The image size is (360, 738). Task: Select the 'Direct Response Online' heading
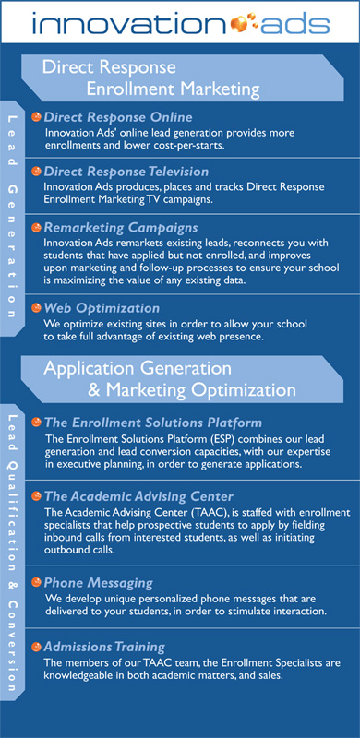(x=118, y=117)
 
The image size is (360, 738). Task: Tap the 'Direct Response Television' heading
(x=126, y=171)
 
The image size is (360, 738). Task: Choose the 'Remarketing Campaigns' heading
(x=121, y=228)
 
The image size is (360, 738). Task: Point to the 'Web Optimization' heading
(x=102, y=308)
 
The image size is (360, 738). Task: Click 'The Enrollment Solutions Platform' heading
(x=152, y=422)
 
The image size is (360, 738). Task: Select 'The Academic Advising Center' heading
(x=138, y=496)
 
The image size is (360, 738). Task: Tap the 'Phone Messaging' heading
(x=98, y=583)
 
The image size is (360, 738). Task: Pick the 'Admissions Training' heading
(x=104, y=647)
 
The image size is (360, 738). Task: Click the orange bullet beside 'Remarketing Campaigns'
(x=36, y=228)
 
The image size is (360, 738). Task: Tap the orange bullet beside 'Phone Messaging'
(x=36, y=583)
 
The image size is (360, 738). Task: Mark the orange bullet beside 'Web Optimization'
(x=36, y=308)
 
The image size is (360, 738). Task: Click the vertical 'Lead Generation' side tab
(x=12, y=218)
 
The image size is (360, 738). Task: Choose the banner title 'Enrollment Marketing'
(x=173, y=89)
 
